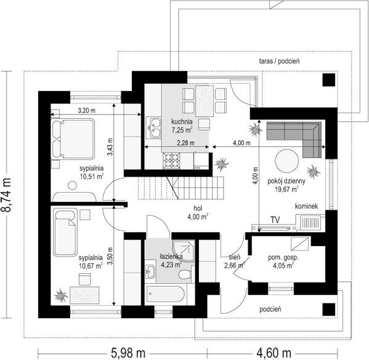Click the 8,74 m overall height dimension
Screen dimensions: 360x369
[8, 196]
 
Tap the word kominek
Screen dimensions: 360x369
[306, 207]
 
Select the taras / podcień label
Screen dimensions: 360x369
[279, 62]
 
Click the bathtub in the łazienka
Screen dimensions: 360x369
[166, 294]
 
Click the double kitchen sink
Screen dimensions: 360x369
[153, 129]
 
